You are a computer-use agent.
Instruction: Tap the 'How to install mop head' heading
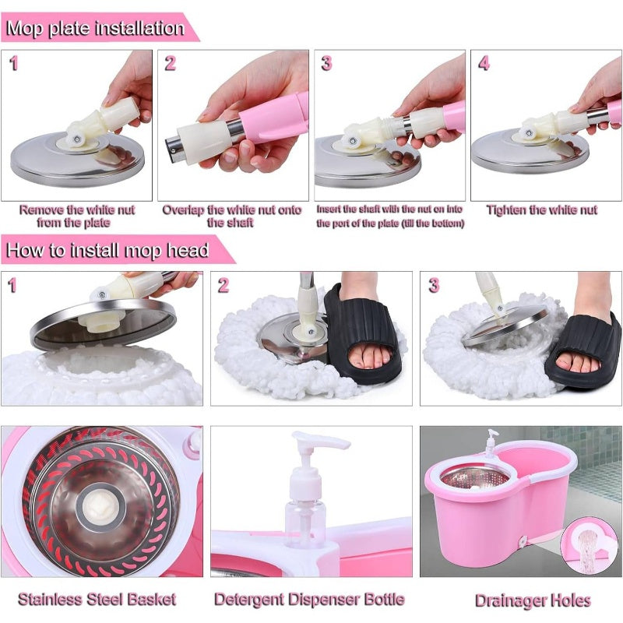(107, 250)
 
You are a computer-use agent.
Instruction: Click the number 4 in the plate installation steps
(484, 63)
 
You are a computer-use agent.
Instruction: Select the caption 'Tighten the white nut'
(541, 209)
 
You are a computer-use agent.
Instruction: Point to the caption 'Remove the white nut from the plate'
(77, 216)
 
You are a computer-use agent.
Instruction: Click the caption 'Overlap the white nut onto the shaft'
(232, 216)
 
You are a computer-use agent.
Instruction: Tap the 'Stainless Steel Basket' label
(97, 599)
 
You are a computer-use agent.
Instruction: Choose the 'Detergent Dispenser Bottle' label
(309, 599)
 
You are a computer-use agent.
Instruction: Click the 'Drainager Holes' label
(533, 600)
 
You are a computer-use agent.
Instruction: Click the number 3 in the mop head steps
(434, 285)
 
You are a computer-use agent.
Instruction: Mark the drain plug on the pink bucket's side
(523, 540)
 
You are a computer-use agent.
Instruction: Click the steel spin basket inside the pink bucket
(475, 480)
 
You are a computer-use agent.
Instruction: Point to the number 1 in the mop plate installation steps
(14, 63)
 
